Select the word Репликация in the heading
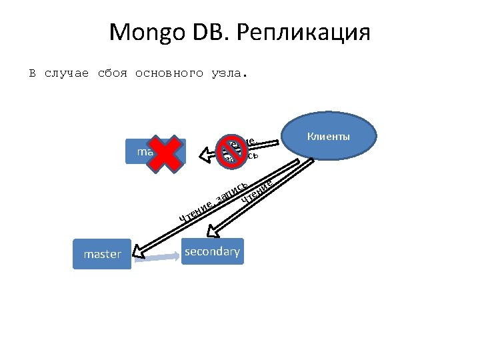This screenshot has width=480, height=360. point(307,32)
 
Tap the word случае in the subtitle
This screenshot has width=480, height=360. point(66,73)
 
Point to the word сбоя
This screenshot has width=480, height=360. point(112,73)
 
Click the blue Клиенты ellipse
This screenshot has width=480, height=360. point(328,137)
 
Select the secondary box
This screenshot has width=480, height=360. point(213,251)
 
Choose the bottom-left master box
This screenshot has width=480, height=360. point(103,254)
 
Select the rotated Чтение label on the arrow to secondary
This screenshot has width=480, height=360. point(257,189)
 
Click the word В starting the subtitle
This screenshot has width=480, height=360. point(31,73)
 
